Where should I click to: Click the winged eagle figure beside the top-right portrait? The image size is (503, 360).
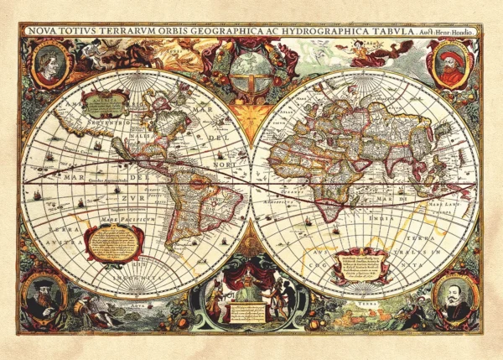[x=377, y=52]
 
